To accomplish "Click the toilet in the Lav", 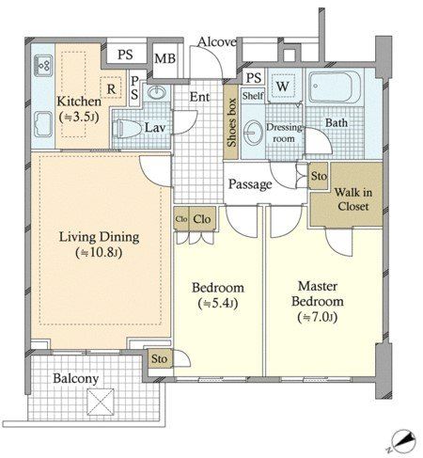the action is pyautogui.click(x=124, y=129).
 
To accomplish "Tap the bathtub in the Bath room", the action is pyautogui.click(x=335, y=87).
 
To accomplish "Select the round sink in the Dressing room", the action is pyautogui.click(x=253, y=133).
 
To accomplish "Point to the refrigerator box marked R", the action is pyautogui.click(x=111, y=88).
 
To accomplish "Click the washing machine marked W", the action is pyautogui.click(x=283, y=86).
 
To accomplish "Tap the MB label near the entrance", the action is pyautogui.click(x=164, y=58).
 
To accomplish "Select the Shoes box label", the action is pyautogui.click(x=231, y=122).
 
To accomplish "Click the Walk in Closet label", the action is pyautogui.click(x=353, y=199).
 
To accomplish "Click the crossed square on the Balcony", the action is pyautogui.click(x=101, y=402).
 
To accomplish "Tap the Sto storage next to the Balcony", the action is pyautogui.click(x=159, y=358).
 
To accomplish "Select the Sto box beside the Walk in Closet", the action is pyautogui.click(x=319, y=176).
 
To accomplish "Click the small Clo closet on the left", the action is pyautogui.click(x=181, y=219).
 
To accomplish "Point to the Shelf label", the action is pyautogui.click(x=253, y=95).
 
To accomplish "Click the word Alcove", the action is pyautogui.click(x=217, y=41).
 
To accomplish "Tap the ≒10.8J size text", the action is pyautogui.click(x=99, y=253).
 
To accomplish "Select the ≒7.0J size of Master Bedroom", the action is pyautogui.click(x=318, y=317).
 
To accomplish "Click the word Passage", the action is pyautogui.click(x=250, y=184).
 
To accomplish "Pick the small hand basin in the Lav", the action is pyautogui.click(x=157, y=91).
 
